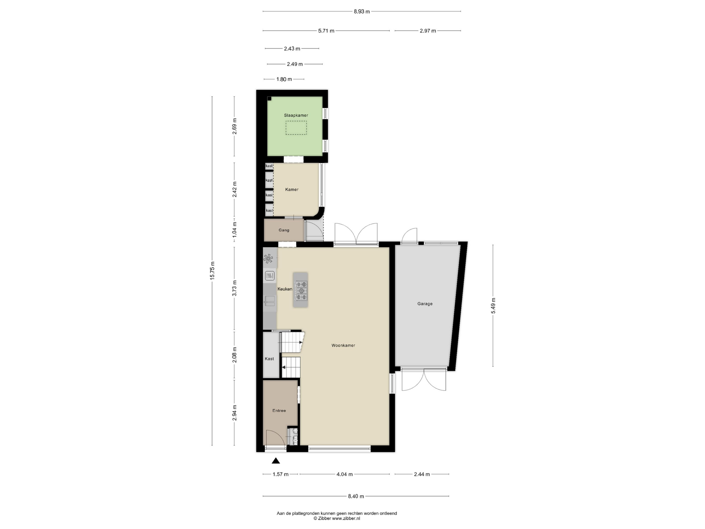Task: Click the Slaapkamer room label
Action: click(x=296, y=115)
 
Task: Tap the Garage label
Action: click(x=425, y=304)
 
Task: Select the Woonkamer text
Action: click(x=343, y=345)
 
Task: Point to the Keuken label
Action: click(x=285, y=289)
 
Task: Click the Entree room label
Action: click(x=279, y=411)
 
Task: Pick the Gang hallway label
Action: click(x=284, y=230)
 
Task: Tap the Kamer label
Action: click(x=292, y=189)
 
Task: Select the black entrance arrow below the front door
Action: click(x=276, y=460)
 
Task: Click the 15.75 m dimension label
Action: click(x=212, y=271)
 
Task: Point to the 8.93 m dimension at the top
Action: click(x=362, y=12)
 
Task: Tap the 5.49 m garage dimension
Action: click(x=493, y=306)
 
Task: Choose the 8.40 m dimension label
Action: click(x=356, y=496)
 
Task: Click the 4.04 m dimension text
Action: click(x=344, y=474)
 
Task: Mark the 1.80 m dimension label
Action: click(x=284, y=79)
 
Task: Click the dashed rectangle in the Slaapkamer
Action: click(x=296, y=127)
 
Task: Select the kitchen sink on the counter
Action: click(x=270, y=301)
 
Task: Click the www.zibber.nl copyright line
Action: click(x=337, y=518)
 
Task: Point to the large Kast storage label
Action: click(x=269, y=359)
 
